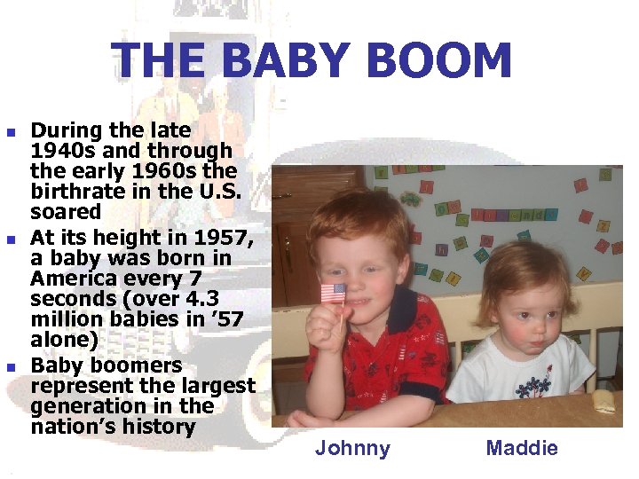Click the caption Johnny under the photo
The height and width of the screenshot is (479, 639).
tap(352, 448)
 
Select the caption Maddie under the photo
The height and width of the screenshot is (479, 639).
tap(522, 448)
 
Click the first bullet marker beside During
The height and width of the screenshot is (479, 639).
tap(11, 132)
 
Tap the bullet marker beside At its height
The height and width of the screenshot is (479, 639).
tap(11, 239)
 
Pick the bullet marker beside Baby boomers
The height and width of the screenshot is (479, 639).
tap(11, 367)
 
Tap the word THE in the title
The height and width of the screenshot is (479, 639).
tap(163, 62)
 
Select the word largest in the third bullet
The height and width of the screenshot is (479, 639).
tap(218, 386)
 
